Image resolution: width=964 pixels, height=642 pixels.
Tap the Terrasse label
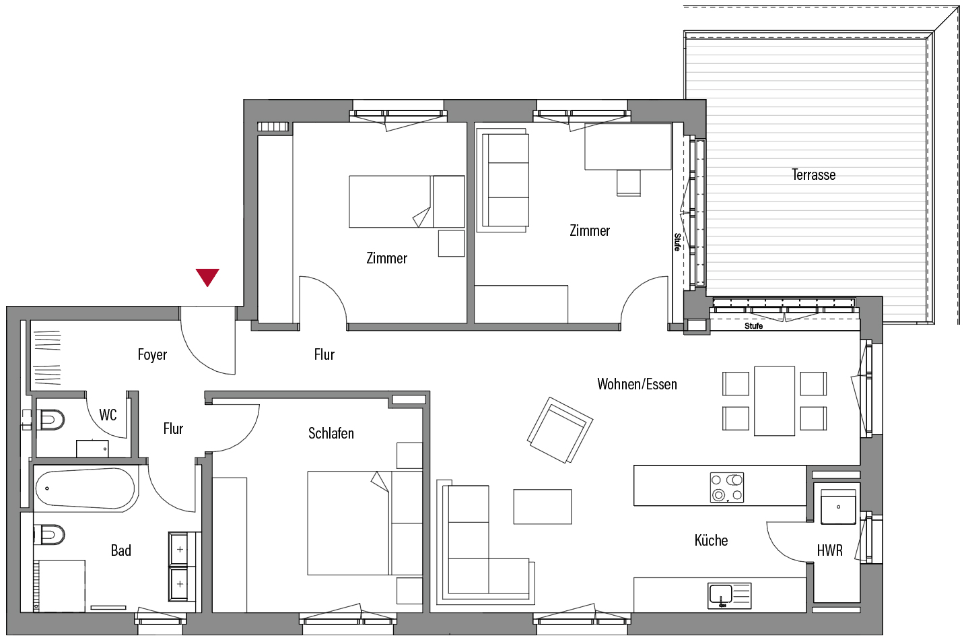[x=813, y=174]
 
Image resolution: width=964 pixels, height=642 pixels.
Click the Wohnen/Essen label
[x=637, y=383]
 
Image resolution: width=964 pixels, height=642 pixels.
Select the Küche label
[x=711, y=540]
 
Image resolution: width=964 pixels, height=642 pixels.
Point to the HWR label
[x=830, y=550]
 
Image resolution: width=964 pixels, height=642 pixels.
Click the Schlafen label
[x=331, y=433]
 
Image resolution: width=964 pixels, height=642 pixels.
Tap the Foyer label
[x=152, y=355]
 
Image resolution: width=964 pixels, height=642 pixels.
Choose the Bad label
[x=121, y=550]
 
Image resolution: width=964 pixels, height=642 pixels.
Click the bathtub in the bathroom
[x=85, y=488]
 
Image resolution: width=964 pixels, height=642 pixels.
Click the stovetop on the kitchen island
[x=727, y=488]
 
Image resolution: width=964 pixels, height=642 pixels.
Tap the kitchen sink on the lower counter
[x=730, y=596]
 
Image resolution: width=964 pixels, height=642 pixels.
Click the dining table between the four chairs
[x=774, y=401]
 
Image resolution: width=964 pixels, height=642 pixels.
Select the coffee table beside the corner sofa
[x=543, y=507]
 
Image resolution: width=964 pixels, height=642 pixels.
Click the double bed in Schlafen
[x=364, y=523]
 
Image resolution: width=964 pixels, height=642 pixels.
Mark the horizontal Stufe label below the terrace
[x=753, y=326]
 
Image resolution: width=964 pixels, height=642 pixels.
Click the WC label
[x=108, y=415]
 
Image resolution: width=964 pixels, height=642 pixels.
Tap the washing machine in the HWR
[x=838, y=507]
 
